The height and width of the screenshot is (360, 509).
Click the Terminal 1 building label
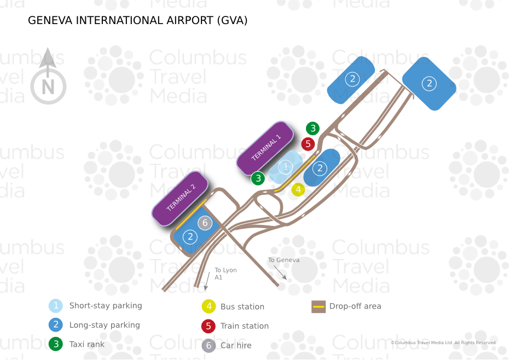pyautogui.click(x=265, y=147)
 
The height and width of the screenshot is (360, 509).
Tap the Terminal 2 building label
pyautogui.click(x=181, y=198)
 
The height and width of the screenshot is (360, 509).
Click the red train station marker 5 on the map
pyautogui.click(x=308, y=144)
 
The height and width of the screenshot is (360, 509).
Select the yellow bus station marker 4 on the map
pyautogui.click(x=298, y=190)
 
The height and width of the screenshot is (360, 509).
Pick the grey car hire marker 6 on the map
pyautogui.click(x=205, y=223)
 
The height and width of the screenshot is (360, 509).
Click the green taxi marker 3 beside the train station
pyautogui.click(x=313, y=129)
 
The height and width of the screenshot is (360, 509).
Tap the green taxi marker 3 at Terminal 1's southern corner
pyautogui.click(x=258, y=178)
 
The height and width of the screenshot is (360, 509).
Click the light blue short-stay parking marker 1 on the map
pyautogui.click(x=285, y=166)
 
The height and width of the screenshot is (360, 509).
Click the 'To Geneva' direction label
pyautogui.click(x=284, y=260)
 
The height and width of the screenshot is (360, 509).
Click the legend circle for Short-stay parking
pyautogui.click(x=55, y=306)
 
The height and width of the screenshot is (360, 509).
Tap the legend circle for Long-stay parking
pyautogui.click(x=55, y=325)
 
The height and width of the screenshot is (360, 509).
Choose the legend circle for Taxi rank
pyautogui.click(x=55, y=345)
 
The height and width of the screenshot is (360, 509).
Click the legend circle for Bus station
pyautogui.click(x=208, y=307)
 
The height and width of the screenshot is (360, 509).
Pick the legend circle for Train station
pyautogui.click(x=208, y=326)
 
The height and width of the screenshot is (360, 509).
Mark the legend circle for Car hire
pyautogui.click(x=208, y=346)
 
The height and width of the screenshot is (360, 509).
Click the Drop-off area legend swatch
pyautogui.click(x=319, y=306)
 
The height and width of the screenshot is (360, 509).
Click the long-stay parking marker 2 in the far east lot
pyautogui.click(x=430, y=83)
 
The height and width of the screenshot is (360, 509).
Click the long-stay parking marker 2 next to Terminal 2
pyautogui.click(x=190, y=237)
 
